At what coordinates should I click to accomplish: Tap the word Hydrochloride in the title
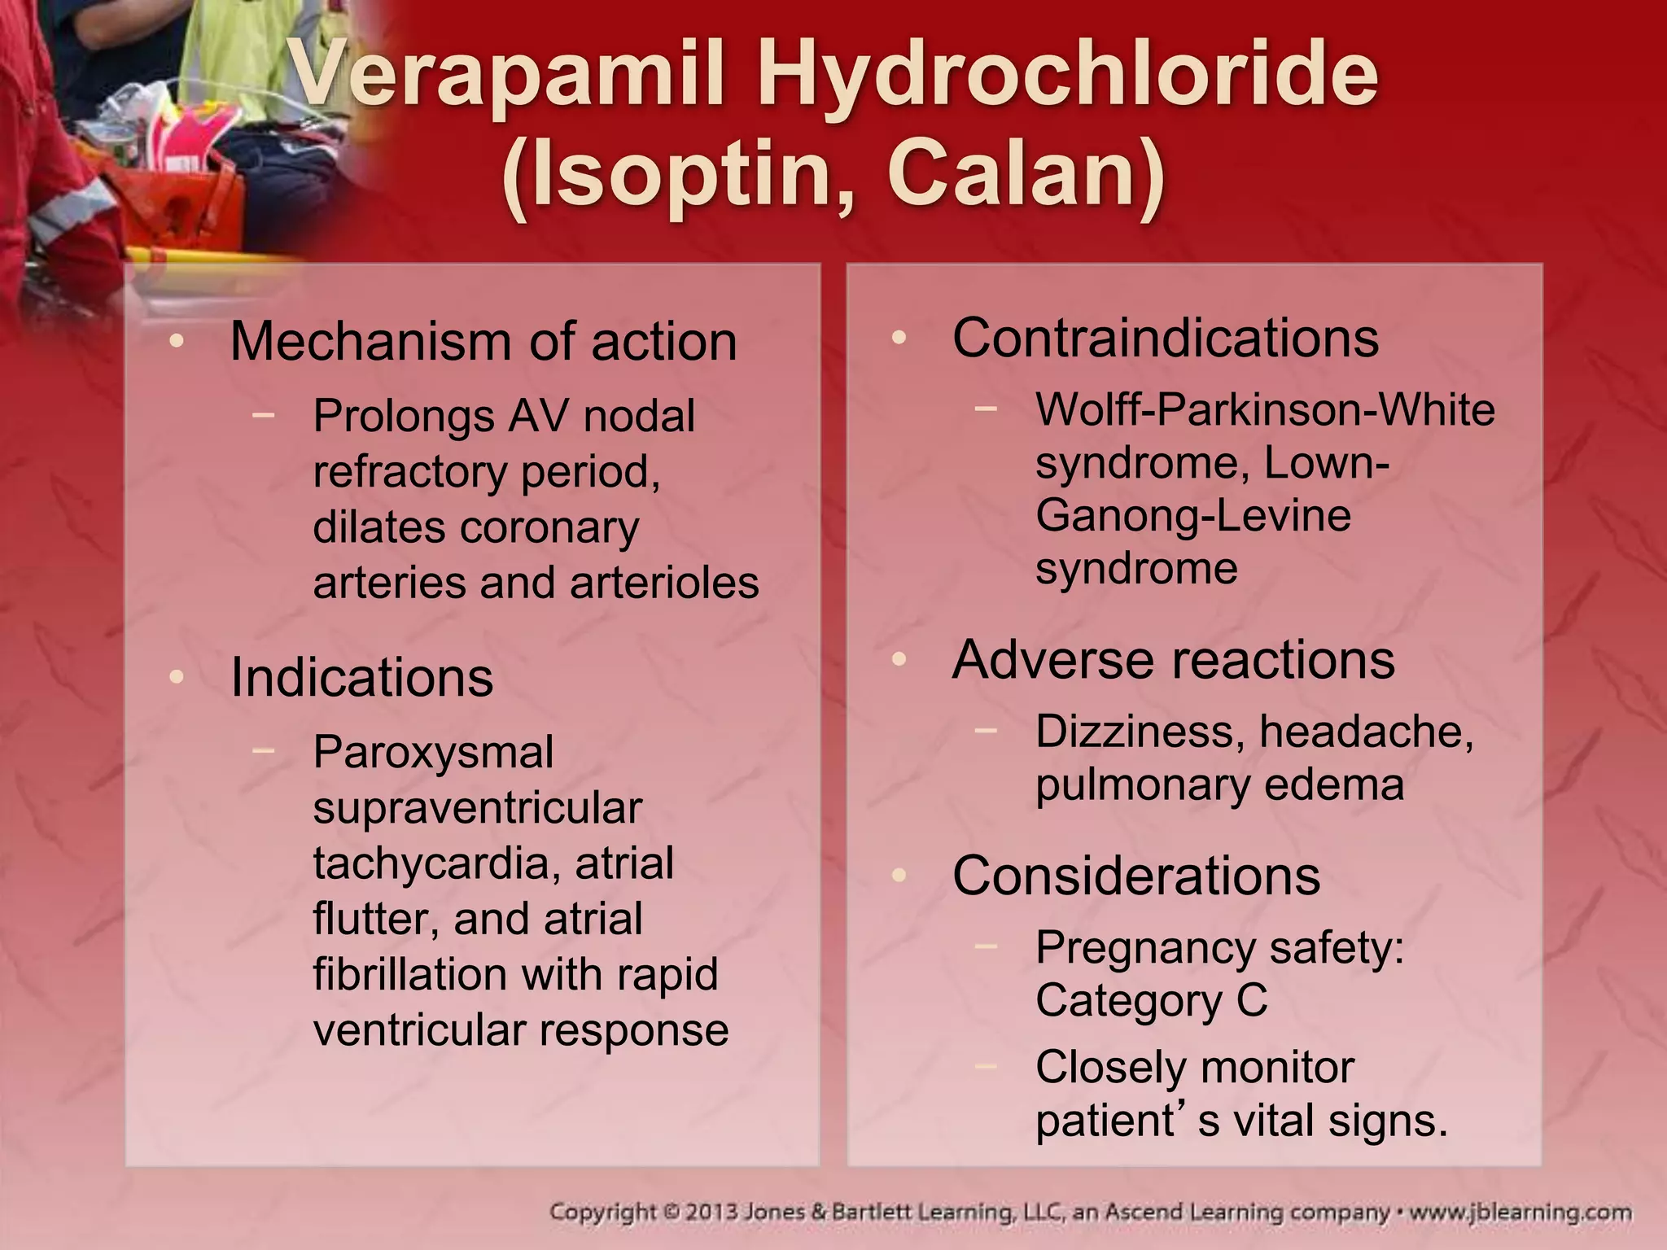click(1067, 75)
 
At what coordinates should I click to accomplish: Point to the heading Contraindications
click(1166, 338)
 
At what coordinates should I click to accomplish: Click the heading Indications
click(361, 677)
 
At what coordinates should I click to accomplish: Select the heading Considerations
click(1136, 876)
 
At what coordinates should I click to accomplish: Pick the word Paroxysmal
click(433, 752)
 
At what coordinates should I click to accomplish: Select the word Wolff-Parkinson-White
click(1265, 409)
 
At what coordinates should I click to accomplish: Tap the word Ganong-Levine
click(1193, 516)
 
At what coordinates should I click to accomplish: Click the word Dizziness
click(1139, 732)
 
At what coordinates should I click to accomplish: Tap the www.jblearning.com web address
click(1520, 1213)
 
